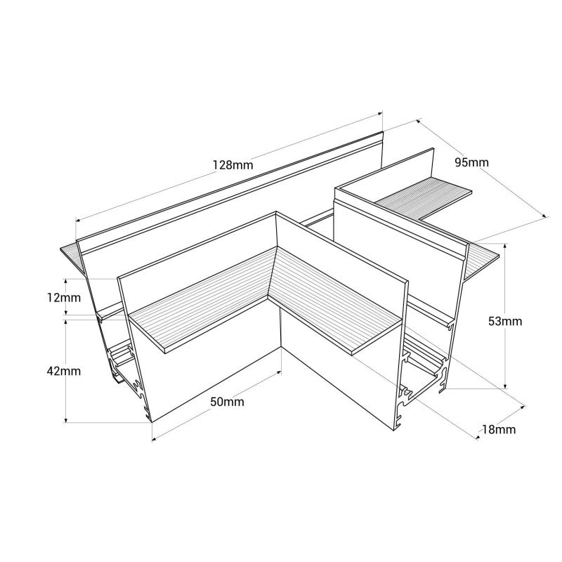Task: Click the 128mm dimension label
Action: pyautogui.click(x=232, y=166)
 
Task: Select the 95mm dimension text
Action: pyautogui.click(x=471, y=163)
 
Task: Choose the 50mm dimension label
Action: pyautogui.click(x=227, y=402)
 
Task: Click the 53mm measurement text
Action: pyautogui.click(x=505, y=322)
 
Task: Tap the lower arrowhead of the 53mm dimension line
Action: pyautogui.click(x=505, y=386)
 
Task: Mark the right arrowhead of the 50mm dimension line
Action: pyautogui.click(x=280, y=370)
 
